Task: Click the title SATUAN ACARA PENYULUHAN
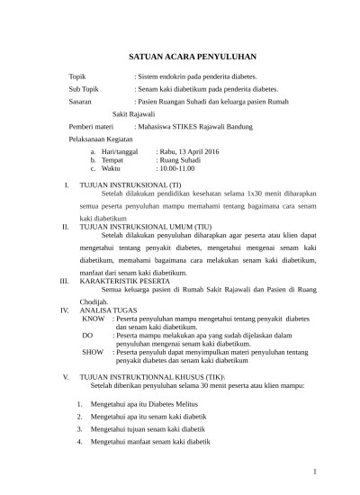pyautogui.click(x=180, y=53)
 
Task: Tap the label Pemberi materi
pyautogui.click(x=94, y=128)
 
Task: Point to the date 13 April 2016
pyautogui.click(x=199, y=152)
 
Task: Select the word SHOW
pyautogui.click(x=93, y=352)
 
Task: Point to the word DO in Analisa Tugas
pyautogui.click(x=87, y=335)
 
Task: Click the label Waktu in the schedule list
pyautogui.click(x=111, y=168)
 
